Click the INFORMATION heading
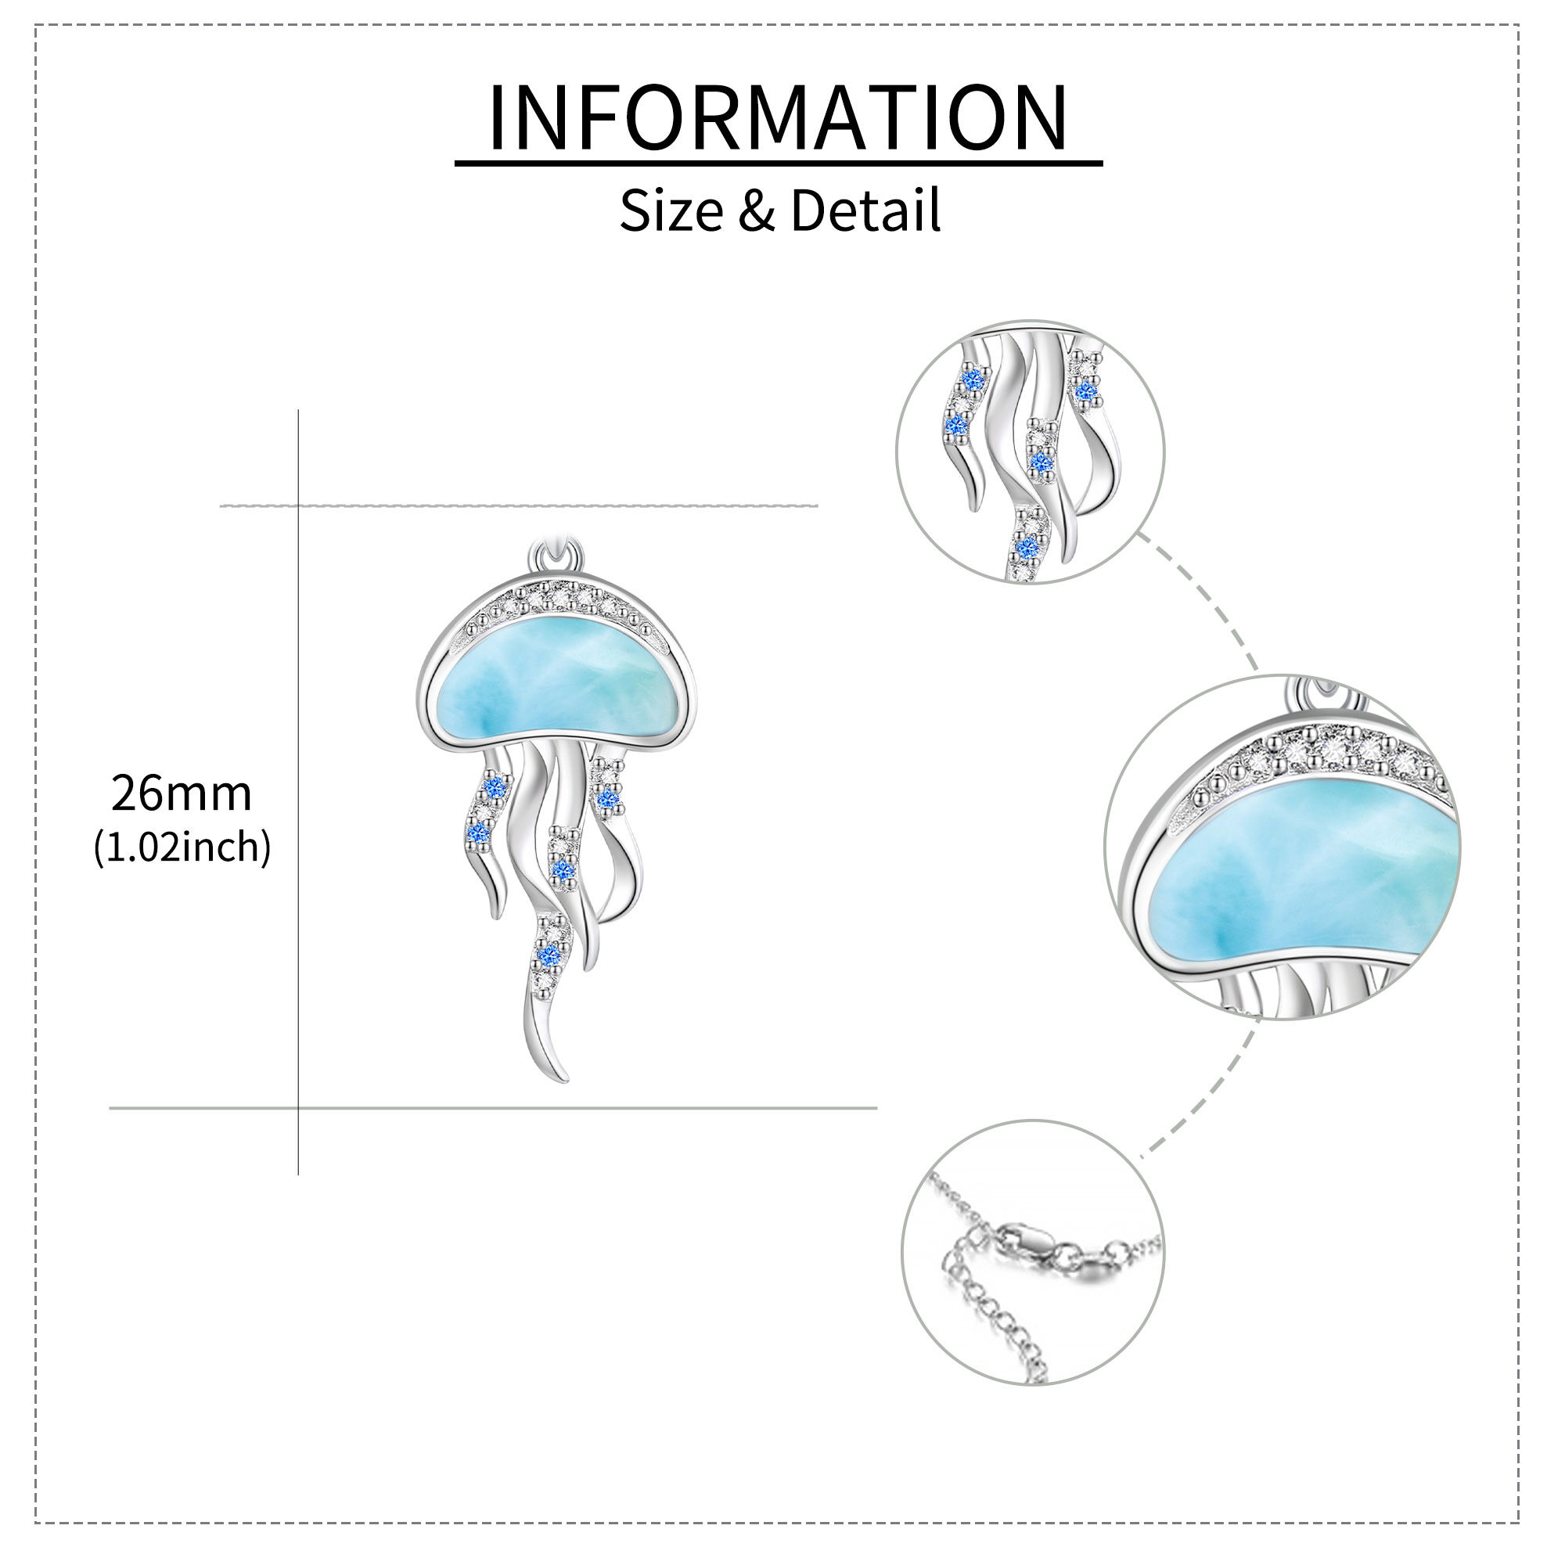[x=779, y=117]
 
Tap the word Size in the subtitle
[x=671, y=210]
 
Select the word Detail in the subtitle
[x=866, y=210]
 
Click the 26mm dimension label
[x=182, y=793]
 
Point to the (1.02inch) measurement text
[x=182, y=847]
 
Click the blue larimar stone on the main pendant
[x=556, y=685]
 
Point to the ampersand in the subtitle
[x=757, y=210]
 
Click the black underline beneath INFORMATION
[x=779, y=163]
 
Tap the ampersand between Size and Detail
[x=757, y=210]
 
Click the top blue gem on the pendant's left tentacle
[x=494, y=786]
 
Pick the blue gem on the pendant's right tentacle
[x=607, y=800]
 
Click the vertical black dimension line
[x=298, y=791]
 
